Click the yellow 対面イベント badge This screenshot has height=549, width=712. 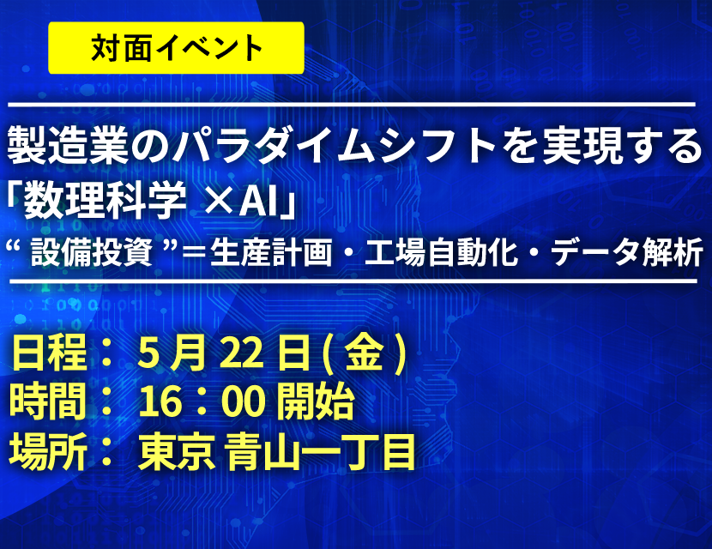coord(176,48)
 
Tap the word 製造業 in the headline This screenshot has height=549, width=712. coord(68,146)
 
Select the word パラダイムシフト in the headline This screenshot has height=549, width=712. coord(335,146)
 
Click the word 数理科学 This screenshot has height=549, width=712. coord(106,200)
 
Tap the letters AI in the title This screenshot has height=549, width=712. coord(259,200)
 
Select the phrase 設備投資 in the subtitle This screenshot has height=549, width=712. coord(91,252)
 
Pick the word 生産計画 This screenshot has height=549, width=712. coord(270,252)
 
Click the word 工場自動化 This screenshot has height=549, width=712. coord(442,252)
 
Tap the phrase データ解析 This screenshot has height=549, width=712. coord(627,252)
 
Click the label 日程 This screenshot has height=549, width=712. coord(49,353)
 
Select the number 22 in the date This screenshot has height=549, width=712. coord(242,353)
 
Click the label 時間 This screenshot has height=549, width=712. coord(48,401)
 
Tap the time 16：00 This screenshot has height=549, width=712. coord(202,401)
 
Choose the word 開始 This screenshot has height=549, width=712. coord(315,401)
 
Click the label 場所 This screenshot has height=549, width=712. coord(48,451)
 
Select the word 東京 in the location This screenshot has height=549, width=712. coord(177,451)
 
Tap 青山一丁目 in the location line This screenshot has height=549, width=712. coord(322,451)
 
